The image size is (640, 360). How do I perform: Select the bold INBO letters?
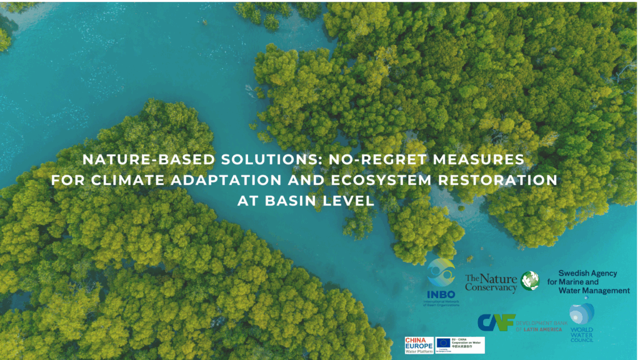point(442,294)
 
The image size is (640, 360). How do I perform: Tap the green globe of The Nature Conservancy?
point(530,281)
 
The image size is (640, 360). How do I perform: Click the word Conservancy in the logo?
point(491,287)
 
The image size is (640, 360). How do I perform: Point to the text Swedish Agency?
point(587,273)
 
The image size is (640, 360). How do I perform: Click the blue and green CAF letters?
point(496,322)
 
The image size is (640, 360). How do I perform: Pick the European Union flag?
point(444,342)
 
